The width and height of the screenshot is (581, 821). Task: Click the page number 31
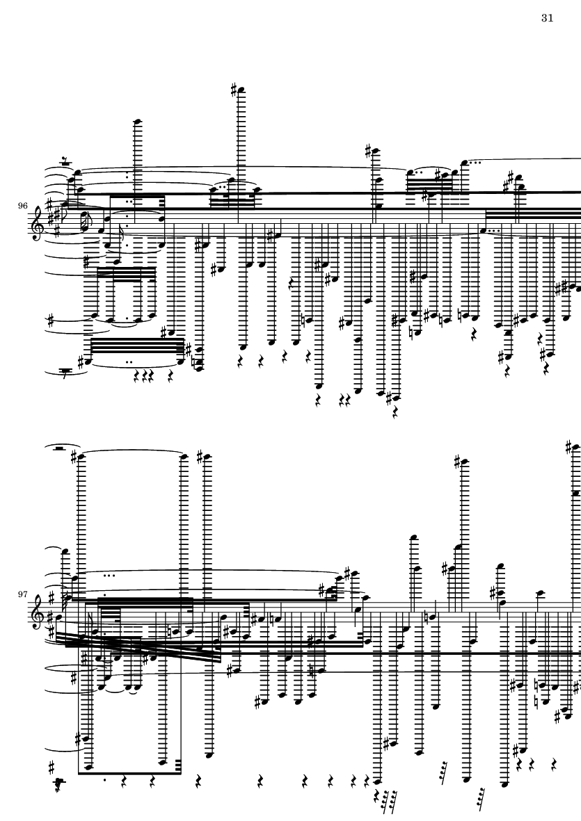pyautogui.click(x=546, y=18)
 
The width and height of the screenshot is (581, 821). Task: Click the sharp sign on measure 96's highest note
pyautogui.click(x=234, y=88)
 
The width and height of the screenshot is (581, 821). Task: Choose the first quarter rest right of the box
pyautogui.click(x=199, y=781)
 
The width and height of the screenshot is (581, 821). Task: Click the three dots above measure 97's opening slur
pyautogui.click(x=109, y=576)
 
